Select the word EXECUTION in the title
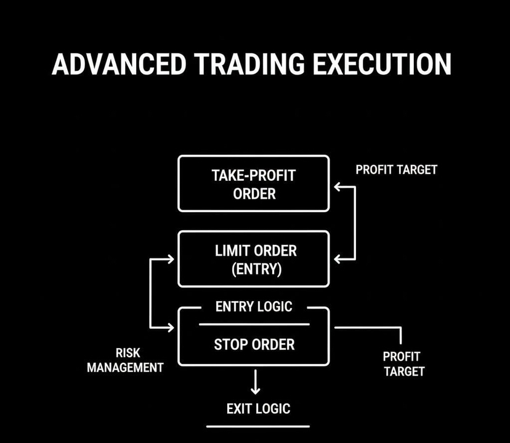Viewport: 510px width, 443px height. pos(381,65)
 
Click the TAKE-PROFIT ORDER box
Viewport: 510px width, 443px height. pos(253,184)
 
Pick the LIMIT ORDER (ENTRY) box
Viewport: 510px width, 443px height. pos(253,259)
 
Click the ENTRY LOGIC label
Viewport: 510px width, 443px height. pos(253,307)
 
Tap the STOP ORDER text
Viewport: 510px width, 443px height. pos(254,344)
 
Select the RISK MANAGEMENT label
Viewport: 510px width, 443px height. pos(126,360)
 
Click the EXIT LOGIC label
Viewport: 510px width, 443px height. pos(257,408)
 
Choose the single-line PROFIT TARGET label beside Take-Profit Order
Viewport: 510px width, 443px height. pos(396,170)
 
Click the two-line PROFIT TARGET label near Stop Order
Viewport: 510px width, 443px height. pos(403,364)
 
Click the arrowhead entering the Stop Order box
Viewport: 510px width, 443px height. pos(171,327)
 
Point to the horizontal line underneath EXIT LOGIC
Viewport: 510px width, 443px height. pos(257,426)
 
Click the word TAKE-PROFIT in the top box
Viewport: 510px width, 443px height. pos(253,175)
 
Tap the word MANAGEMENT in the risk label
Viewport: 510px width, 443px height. pos(126,368)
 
